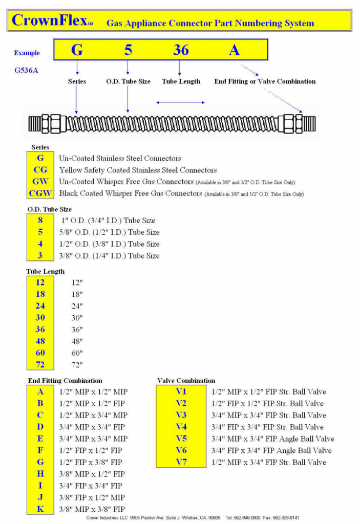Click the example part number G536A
pos(26,71)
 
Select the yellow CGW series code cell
pos(41,193)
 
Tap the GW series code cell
pos(41,182)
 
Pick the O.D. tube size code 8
pos(40,221)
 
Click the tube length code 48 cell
pos(40,341)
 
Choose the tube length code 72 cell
pos(40,365)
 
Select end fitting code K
pos(40,509)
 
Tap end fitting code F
pos(40,450)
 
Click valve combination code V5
pos(181,439)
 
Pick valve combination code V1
pos(181,392)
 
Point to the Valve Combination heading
pos(186,381)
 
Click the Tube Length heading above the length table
pos(46,271)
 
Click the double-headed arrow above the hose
pos(180,103)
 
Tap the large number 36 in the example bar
pos(180,50)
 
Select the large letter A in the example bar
pos(234,50)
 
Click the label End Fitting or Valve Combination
pos(265,81)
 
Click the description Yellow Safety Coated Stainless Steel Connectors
pos(138,170)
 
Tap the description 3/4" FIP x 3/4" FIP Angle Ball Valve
pos(271,451)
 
